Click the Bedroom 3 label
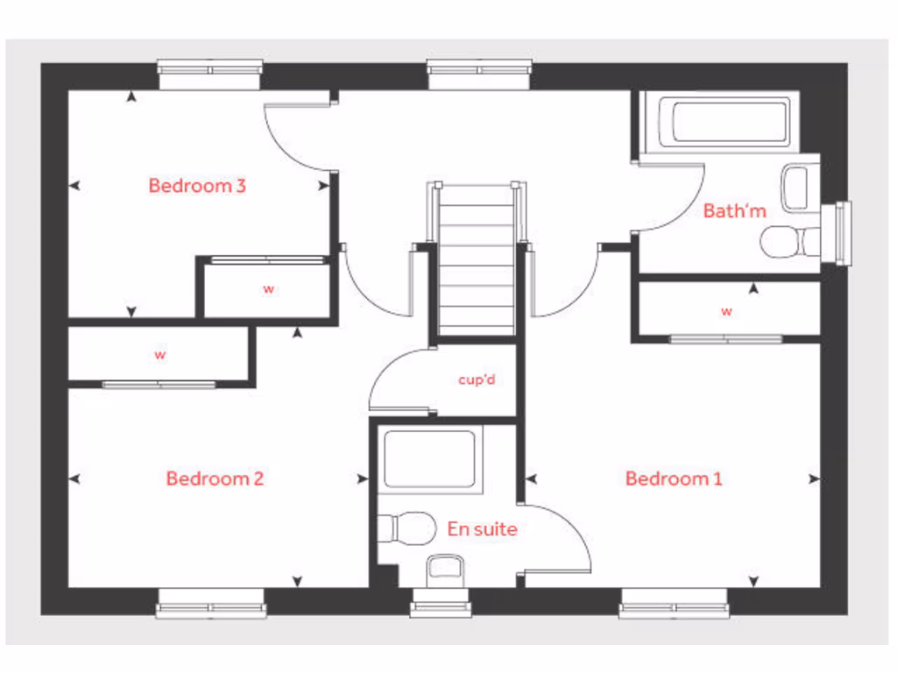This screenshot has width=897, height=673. pos(197,186)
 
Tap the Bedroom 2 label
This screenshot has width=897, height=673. pos(215,478)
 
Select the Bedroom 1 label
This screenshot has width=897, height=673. pos(674,478)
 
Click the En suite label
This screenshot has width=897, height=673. pos(482,529)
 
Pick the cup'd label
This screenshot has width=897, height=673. pos(477,380)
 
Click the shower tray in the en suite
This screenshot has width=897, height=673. pos(429,460)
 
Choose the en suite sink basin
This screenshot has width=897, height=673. pos(445,570)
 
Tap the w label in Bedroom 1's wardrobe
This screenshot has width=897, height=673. pos(726,311)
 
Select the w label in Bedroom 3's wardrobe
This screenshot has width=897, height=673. pos(268,289)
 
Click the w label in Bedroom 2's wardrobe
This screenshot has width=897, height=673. pos(160,355)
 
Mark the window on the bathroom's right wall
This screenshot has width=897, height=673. pos(843,233)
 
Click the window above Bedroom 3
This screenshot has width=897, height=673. pos(210,74)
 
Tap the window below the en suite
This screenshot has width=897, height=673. pos(440,603)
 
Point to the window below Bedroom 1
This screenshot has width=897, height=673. pos(674,603)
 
